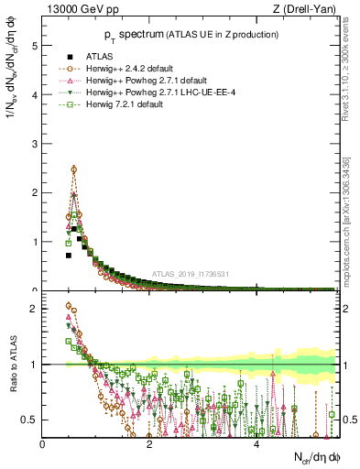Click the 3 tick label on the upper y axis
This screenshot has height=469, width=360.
[34, 144]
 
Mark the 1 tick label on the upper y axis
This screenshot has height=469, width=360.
[34, 242]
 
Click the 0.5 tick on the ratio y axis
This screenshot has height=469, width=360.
[29, 420]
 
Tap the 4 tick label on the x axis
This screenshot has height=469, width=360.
[256, 444]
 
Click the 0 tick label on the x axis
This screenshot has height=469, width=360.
[43, 444]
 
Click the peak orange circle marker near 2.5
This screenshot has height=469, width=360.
[74, 169]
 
